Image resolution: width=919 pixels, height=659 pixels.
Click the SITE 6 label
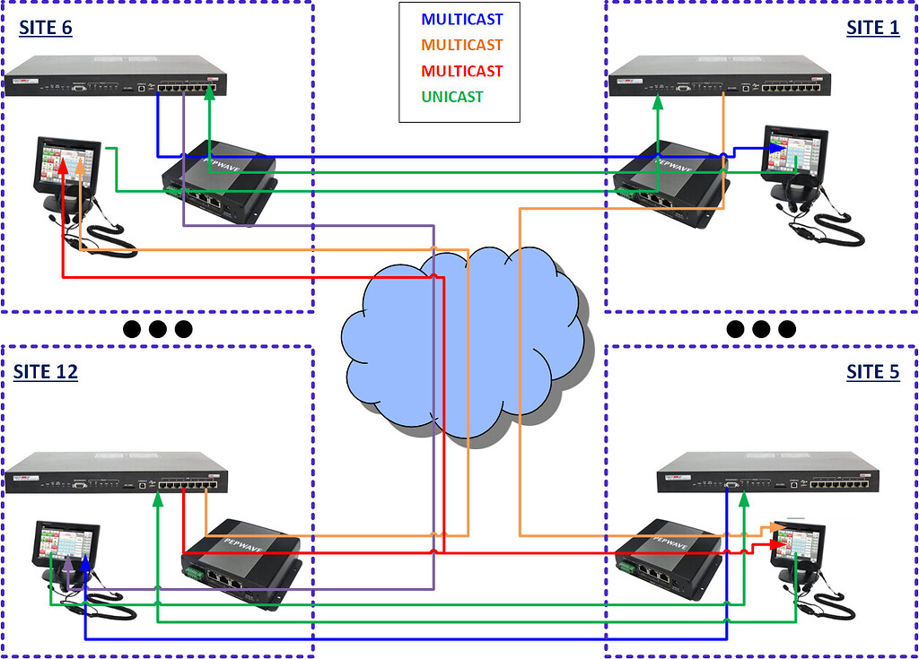[46, 28]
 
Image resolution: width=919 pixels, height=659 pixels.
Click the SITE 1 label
[872, 28]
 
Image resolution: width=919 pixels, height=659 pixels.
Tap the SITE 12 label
[46, 371]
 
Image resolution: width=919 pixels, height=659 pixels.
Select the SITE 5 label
[872, 371]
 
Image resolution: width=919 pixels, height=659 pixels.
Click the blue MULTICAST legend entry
[461, 19]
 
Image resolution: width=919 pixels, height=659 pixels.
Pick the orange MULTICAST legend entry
[461, 45]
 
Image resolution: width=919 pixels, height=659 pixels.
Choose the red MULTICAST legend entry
[461, 71]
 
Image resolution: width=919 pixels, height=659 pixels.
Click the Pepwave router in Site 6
[219, 179]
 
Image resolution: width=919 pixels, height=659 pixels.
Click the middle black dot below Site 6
[158, 329]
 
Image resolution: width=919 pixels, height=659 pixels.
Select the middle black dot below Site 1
[761, 329]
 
